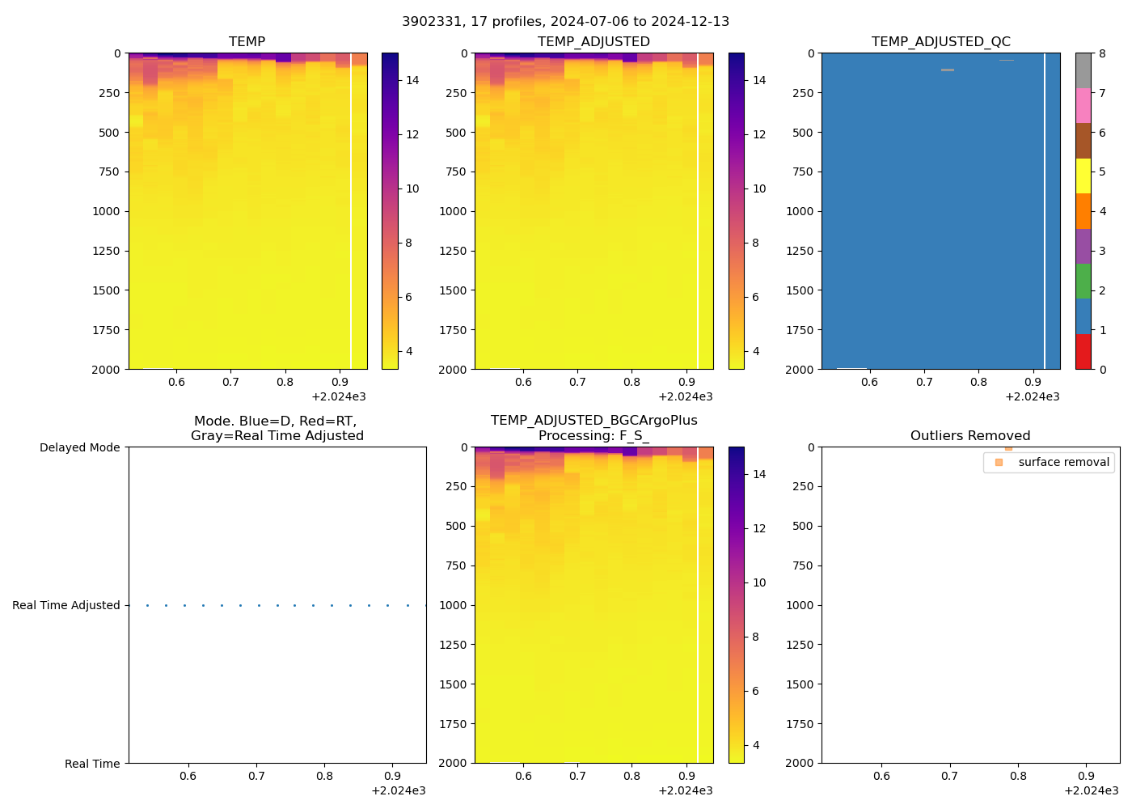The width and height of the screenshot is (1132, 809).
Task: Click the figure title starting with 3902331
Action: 565,22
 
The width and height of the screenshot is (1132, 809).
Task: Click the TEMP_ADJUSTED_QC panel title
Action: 940,42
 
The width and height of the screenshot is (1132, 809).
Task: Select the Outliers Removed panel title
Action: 969,436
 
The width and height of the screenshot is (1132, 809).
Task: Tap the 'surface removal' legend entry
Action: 1063,463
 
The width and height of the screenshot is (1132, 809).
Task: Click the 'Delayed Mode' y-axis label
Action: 79,448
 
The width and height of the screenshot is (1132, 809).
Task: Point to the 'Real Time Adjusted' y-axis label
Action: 65,606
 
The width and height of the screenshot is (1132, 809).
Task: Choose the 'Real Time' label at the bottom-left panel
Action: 92,764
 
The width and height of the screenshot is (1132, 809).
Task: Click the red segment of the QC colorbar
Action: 1083,352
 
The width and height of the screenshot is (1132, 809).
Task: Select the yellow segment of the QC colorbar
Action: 1083,176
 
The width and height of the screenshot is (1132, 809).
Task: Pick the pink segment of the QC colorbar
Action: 1083,106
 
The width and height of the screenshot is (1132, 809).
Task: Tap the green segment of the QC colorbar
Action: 1083,282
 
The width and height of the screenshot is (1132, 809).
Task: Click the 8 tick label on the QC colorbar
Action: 1102,54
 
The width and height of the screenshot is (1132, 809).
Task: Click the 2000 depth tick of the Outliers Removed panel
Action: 800,763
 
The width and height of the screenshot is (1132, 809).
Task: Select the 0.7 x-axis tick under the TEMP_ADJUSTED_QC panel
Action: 924,382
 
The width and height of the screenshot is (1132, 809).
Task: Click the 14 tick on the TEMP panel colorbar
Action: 412,80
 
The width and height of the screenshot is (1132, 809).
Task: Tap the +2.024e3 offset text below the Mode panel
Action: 398,790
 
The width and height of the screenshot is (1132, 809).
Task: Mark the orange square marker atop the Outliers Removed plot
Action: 1008,448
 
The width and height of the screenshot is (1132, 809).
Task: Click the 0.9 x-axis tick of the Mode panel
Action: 392,776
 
